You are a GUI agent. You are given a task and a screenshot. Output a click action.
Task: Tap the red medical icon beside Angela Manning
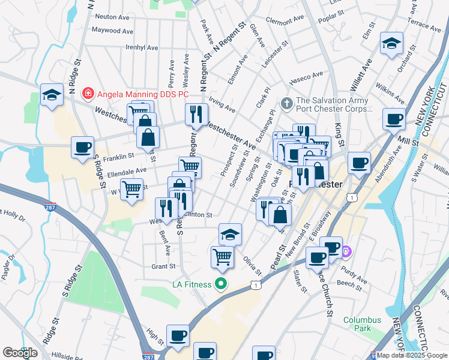coord(88,93)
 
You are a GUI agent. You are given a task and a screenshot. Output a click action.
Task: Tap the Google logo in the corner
coord(20,353)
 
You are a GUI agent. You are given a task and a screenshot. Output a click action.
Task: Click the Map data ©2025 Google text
coord(412,355)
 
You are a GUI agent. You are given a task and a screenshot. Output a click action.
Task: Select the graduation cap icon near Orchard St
coord(391,43)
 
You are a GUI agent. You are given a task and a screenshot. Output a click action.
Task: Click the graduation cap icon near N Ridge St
coord(52,94)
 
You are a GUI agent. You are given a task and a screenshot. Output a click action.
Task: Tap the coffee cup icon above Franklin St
coord(82,147)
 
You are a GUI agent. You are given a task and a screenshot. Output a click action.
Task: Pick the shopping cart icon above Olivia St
coord(222,256)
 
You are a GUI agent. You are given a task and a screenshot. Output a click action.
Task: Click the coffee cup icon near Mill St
coord(394,119)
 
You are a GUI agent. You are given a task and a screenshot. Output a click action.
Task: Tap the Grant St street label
coord(163,266)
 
